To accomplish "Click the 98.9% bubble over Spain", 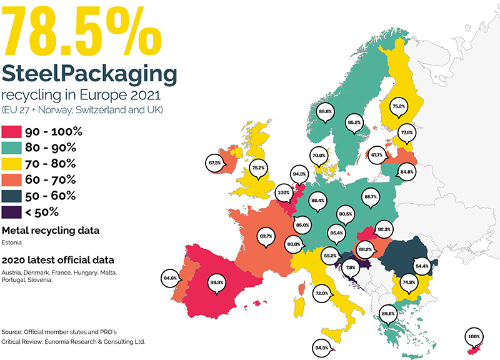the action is click(217, 283).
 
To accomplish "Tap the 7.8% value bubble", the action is click(351, 268).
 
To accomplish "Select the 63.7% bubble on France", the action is click(266, 237).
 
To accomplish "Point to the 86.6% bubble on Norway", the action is click(325, 112).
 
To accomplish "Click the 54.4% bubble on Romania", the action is click(422, 266).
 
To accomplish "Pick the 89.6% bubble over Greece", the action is click(388, 314).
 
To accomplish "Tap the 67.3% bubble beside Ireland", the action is click(215, 163).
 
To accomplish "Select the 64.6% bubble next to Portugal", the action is click(170, 278).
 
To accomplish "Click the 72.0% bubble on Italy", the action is click(322, 293).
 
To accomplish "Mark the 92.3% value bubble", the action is click(384, 229).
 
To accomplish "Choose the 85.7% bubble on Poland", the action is click(371, 197).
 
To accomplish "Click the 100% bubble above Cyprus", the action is click(474, 337).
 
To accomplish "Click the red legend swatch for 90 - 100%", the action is click(11, 132).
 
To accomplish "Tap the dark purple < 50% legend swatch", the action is click(11, 212).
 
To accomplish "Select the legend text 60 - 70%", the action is click(51, 180).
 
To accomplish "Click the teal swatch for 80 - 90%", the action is click(11, 147).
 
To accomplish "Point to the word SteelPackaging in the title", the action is click(89, 75).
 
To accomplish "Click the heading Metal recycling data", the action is click(51, 231).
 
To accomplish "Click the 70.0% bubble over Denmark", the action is click(319, 156).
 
